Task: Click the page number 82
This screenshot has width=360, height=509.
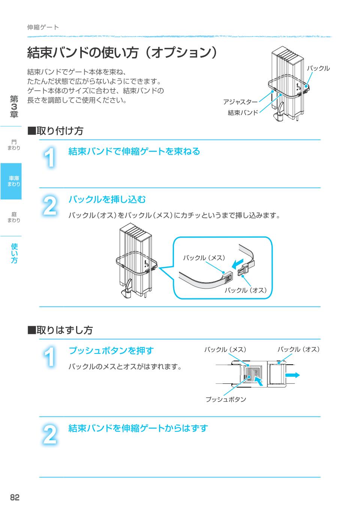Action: pyautogui.click(x=15, y=497)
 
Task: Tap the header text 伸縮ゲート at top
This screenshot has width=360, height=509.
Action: pyautogui.click(x=43, y=27)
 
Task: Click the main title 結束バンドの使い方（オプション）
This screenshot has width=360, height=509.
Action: pyautogui.click(x=122, y=52)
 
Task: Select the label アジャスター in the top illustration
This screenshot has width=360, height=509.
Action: pyautogui.click(x=240, y=102)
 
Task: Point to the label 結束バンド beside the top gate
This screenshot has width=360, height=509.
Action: pyautogui.click(x=243, y=112)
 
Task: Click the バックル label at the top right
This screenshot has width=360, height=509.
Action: pyautogui.click(x=318, y=68)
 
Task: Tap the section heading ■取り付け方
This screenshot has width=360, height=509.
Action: pyautogui.click(x=55, y=131)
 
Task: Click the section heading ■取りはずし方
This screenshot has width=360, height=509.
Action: pyautogui.click(x=60, y=330)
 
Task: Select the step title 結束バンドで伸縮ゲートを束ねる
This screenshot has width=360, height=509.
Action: pyautogui.click(x=134, y=151)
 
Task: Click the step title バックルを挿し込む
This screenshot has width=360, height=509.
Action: pyautogui.click(x=107, y=199)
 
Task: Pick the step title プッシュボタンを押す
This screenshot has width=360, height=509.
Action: pyautogui.click(x=111, y=351)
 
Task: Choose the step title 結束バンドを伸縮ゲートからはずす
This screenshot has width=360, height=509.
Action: pyautogui.click(x=138, y=428)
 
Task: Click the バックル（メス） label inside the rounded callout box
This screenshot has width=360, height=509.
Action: pyautogui.click(x=204, y=258)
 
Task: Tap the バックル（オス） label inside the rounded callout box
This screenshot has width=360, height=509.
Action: pyautogui.click(x=246, y=290)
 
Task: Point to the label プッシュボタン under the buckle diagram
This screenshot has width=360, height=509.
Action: pyautogui.click(x=226, y=400)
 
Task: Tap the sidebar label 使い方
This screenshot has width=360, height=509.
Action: pyautogui.click(x=14, y=253)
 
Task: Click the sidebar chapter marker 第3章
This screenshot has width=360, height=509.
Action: pyautogui.click(x=14, y=107)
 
